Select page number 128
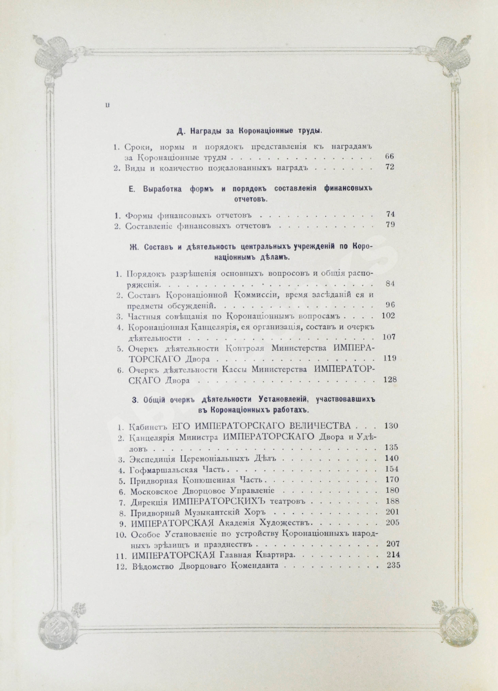click(390, 380)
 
